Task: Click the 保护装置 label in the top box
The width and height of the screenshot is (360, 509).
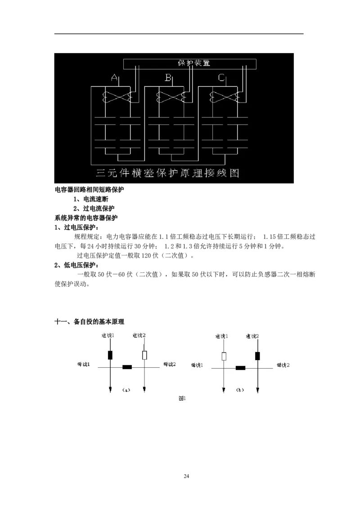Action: pos(194,63)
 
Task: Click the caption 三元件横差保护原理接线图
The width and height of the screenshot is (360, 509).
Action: pos(167,173)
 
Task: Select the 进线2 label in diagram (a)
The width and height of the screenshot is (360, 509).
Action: pos(140,335)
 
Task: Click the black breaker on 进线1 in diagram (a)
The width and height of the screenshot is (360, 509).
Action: pos(110,355)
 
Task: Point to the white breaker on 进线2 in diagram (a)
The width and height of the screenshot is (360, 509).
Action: pos(144,355)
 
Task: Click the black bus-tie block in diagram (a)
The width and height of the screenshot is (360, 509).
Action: pos(127,367)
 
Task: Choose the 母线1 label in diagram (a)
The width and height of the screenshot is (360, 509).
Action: pos(83,364)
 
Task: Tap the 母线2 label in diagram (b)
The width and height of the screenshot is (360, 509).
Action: pos(283,364)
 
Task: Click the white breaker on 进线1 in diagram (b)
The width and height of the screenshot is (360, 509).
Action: pos(224,357)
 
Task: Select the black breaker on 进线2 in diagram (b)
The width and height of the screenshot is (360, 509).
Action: pos(257,356)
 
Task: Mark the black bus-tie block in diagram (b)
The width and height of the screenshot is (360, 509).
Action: pos(240,368)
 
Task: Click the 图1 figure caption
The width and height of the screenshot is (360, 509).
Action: pos(182,398)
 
